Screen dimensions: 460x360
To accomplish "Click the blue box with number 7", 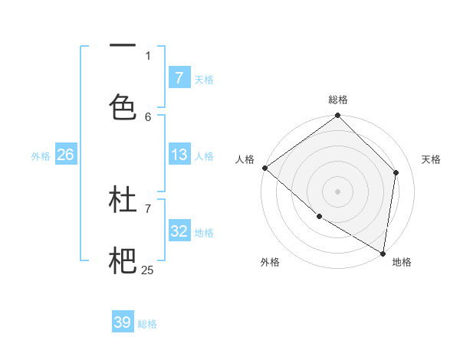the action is pyautogui.click(x=179, y=77).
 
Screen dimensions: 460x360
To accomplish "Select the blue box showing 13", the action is pyautogui.click(x=179, y=155).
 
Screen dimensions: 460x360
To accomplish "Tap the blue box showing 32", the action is pyautogui.click(x=179, y=231).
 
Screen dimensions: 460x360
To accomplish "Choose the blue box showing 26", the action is pyautogui.click(x=65, y=155).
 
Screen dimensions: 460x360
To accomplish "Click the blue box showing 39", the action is pyautogui.click(x=122, y=322).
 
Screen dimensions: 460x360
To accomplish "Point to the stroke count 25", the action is pyautogui.click(x=147, y=270).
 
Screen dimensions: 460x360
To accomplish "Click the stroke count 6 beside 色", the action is pyautogui.click(x=148, y=116).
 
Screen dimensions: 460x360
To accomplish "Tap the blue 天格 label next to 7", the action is pyautogui.click(x=204, y=79).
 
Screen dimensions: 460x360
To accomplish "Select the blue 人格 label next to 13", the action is pyautogui.click(x=204, y=155).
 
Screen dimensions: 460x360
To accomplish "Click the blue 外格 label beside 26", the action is pyautogui.click(x=41, y=155).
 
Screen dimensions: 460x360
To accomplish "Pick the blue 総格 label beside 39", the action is pyautogui.click(x=147, y=324).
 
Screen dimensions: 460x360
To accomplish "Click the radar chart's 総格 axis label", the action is pyautogui.click(x=338, y=100).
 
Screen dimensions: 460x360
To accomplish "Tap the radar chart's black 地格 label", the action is pyautogui.click(x=402, y=262).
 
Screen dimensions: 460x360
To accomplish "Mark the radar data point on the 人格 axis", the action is pyautogui.click(x=264, y=168).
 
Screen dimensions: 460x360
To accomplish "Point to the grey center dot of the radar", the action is pyautogui.click(x=337, y=191).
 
